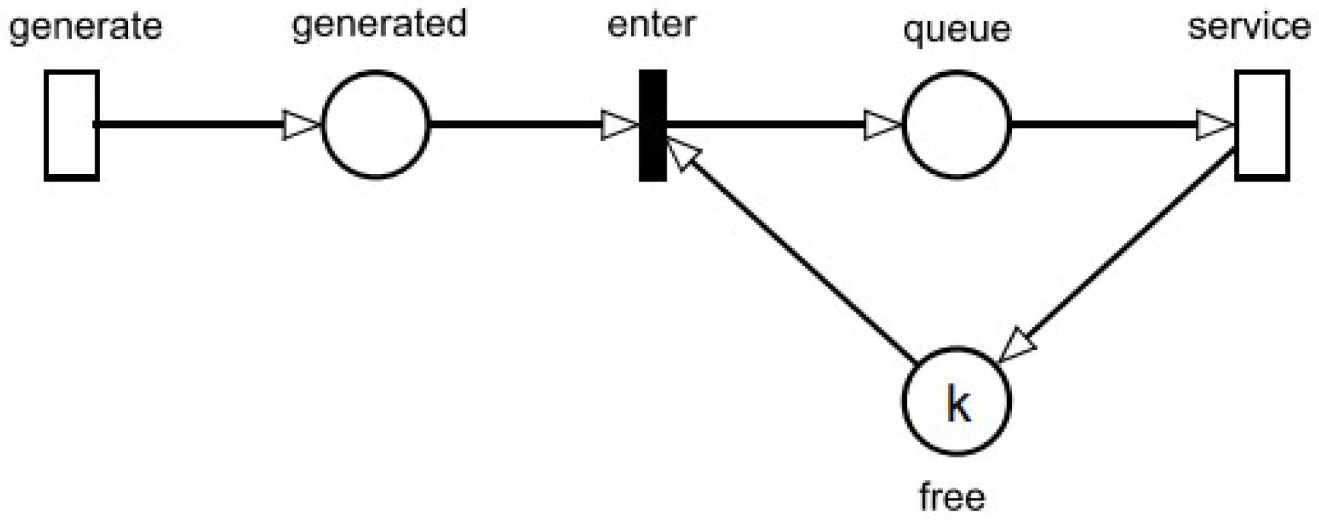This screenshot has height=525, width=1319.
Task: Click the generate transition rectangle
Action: tap(71, 125)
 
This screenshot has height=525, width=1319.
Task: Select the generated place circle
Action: tap(375, 125)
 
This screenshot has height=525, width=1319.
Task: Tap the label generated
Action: tap(379, 24)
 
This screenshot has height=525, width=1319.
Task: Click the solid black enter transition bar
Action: tap(652, 125)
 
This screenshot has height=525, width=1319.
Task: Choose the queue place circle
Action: tap(956, 125)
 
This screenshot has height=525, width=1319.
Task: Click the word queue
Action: tap(956, 30)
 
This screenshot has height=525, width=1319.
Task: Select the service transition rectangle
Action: tap(1262, 125)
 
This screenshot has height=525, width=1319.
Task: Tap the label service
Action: tap(1249, 27)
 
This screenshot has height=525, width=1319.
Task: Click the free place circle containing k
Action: tap(956, 401)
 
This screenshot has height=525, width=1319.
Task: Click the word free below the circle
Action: tap(951, 497)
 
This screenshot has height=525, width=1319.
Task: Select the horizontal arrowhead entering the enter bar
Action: tap(618, 125)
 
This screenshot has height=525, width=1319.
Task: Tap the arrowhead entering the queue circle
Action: tap(881, 125)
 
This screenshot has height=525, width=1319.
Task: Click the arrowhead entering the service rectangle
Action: tap(1213, 125)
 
